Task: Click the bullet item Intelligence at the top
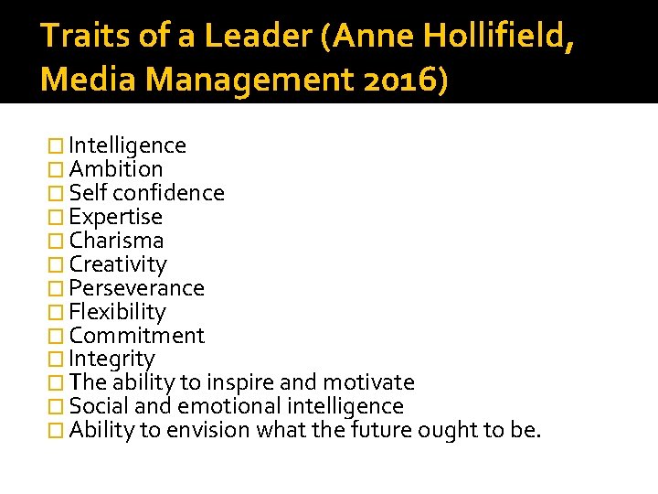[x=127, y=145]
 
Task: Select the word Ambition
[x=116, y=169]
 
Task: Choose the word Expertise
[x=115, y=217]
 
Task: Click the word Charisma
[x=116, y=241]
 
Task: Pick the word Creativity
[x=118, y=264]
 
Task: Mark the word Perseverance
[x=136, y=288]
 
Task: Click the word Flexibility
[x=117, y=312]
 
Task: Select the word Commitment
[x=136, y=336]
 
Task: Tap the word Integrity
[x=111, y=360]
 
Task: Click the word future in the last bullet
[x=383, y=430]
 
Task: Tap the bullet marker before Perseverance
[x=58, y=289]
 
